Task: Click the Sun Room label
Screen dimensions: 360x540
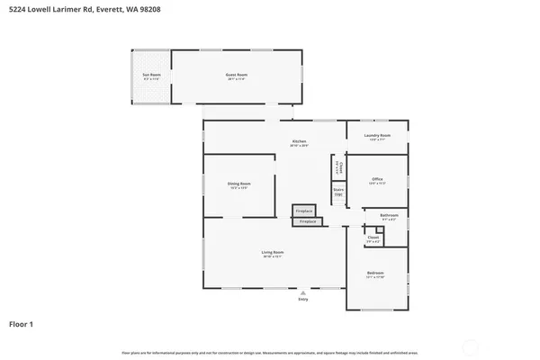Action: [x=150, y=76]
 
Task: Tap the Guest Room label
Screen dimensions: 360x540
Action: [x=236, y=76]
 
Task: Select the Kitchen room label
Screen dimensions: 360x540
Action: [x=299, y=141]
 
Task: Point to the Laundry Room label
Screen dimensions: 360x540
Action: [x=377, y=138]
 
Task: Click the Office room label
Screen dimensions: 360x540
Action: [x=377, y=179]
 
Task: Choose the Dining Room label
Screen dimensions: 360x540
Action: [x=238, y=184]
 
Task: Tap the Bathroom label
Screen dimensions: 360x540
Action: [x=389, y=215]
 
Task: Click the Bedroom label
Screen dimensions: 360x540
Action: [x=376, y=274]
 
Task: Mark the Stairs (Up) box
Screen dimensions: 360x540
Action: [x=338, y=192]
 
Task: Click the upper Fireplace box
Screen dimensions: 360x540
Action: [x=304, y=211]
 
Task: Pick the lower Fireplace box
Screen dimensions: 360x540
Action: [x=308, y=220]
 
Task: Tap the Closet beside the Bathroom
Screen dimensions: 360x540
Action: [x=373, y=239]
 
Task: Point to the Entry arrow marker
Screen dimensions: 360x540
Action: [x=303, y=292]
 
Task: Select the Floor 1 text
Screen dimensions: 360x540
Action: [x=22, y=323]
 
